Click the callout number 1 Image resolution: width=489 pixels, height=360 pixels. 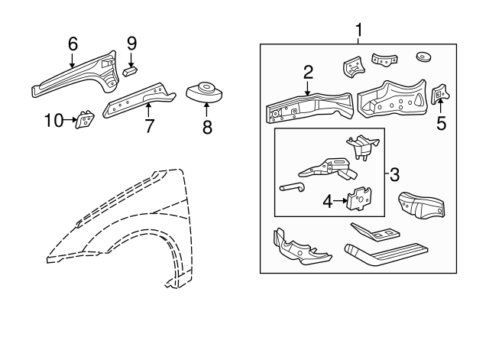point(359,31)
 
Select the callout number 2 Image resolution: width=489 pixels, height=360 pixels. point(308,73)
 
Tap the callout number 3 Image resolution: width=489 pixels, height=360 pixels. point(394,175)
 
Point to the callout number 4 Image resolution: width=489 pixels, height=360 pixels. point(328,201)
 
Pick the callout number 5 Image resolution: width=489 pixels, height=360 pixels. point(441,122)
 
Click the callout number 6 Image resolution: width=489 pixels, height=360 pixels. point(73,44)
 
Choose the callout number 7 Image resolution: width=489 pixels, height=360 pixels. point(150,125)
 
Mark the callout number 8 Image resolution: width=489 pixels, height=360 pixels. point(207,128)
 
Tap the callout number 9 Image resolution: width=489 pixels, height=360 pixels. point(131,44)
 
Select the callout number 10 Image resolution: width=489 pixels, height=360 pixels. point(53,119)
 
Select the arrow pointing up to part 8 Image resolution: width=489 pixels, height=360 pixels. point(207,110)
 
